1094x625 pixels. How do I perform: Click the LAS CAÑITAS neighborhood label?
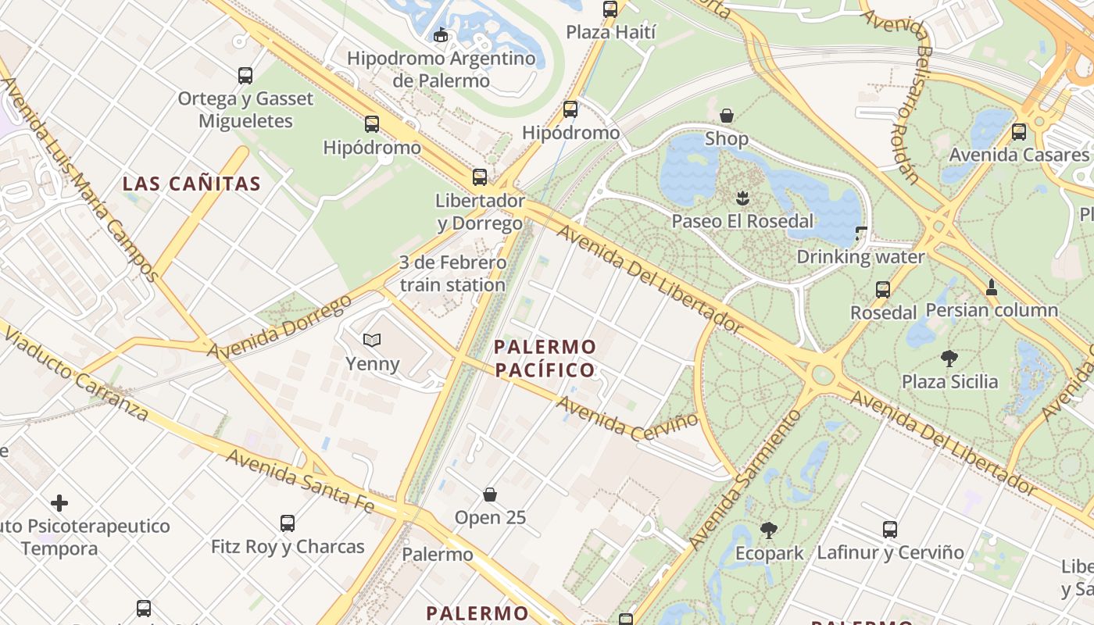click(191, 184)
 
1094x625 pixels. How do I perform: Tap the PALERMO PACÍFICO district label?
click(545, 358)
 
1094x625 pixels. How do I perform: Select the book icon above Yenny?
click(372, 340)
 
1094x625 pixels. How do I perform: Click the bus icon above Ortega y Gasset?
click(245, 76)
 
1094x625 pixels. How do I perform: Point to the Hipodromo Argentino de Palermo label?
click(442, 69)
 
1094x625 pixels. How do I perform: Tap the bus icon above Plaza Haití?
click(610, 9)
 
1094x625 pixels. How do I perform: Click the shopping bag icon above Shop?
click(727, 116)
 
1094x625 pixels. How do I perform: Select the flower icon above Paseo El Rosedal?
click(742, 198)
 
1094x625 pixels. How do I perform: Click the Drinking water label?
click(860, 256)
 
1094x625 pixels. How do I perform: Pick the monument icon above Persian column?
click(992, 287)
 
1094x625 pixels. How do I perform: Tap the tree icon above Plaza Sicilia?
click(949, 359)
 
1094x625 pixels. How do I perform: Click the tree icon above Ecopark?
click(769, 530)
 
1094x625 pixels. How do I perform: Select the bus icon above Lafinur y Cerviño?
click(890, 530)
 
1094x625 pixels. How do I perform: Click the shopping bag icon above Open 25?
click(490, 495)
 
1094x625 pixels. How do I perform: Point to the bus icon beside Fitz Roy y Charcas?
click(288, 523)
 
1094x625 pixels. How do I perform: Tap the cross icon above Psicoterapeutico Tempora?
click(59, 503)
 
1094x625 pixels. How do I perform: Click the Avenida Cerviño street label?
click(627, 415)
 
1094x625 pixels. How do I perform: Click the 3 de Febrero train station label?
click(452, 273)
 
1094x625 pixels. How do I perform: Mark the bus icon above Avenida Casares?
click(1019, 132)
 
